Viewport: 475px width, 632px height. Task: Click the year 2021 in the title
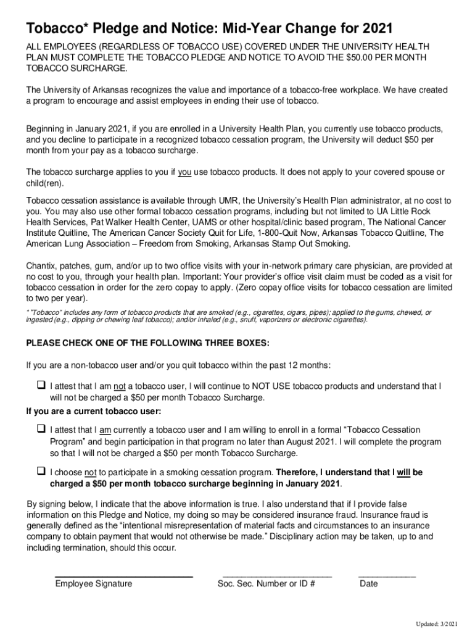[376, 29]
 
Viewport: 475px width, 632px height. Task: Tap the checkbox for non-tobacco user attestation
[41, 385]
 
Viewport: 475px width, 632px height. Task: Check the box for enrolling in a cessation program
[41, 428]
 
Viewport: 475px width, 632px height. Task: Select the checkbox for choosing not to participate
[41, 471]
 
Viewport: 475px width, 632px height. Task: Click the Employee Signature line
[124, 576]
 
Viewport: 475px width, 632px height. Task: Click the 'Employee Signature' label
[94, 584]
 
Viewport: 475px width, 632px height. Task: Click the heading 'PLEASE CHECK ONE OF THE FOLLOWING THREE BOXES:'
[147, 343]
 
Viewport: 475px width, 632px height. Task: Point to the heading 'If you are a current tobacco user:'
[93, 412]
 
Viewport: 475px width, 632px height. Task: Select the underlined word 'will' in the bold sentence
[404, 473]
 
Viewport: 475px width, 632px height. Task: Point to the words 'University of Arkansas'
[82, 90]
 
